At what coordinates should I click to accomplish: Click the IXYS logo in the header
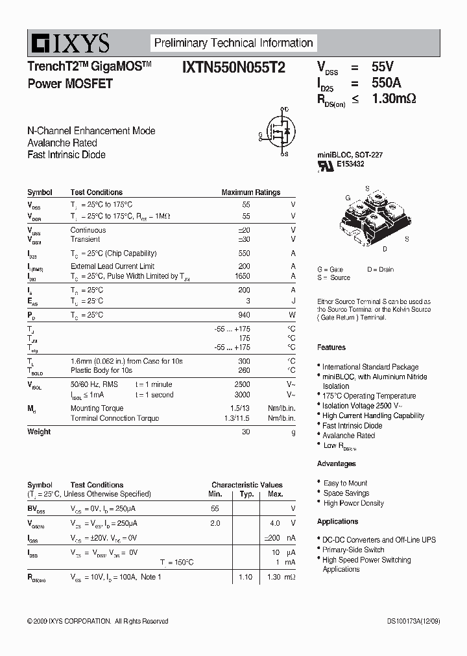click(69, 44)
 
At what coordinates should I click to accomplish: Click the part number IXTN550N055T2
click(233, 67)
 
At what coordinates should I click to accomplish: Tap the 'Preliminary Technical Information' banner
click(233, 43)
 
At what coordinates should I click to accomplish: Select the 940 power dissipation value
click(244, 315)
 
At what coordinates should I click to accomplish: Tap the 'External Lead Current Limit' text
click(112, 266)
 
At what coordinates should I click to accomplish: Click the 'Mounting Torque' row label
click(97, 408)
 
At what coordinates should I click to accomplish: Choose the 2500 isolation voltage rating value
click(242, 384)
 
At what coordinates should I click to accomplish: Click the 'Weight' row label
click(39, 432)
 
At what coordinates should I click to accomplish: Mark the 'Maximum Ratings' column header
click(250, 193)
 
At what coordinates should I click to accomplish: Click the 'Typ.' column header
click(246, 494)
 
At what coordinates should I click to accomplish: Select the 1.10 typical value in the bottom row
click(245, 577)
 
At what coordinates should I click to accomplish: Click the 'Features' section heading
click(331, 347)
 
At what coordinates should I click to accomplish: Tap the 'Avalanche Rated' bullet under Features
click(348, 436)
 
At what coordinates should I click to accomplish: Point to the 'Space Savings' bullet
click(346, 493)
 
